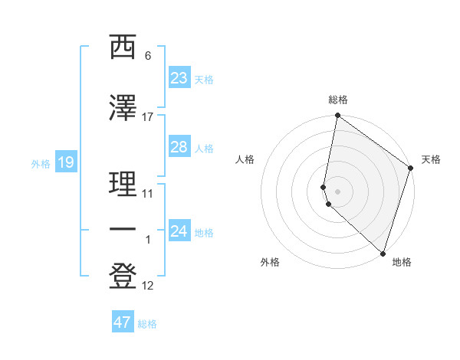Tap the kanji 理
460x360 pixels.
[x=123, y=184]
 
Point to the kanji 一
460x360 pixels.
[x=123, y=229]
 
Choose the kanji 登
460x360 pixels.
[x=123, y=277]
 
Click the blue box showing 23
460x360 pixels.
[x=179, y=77]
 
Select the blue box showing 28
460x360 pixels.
[x=179, y=147]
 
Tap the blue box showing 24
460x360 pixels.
[x=179, y=231]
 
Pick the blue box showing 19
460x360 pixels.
[x=65, y=162]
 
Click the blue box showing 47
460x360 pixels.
[x=122, y=322]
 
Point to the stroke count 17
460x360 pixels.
[x=148, y=116]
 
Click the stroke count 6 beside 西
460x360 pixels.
[x=148, y=56]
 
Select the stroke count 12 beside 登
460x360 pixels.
[x=148, y=286]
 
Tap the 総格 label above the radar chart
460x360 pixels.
[x=338, y=100]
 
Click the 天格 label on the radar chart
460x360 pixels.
[x=431, y=159]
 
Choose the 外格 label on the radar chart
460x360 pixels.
[x=270, y=262]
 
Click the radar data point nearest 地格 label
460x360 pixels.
[x=383, y=253]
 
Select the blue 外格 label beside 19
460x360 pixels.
[x=40, y=163]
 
